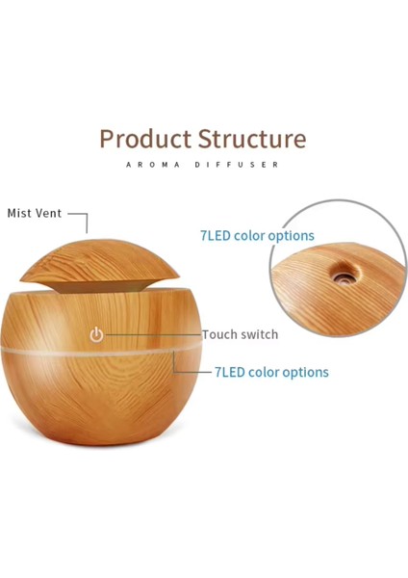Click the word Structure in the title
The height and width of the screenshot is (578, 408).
coord(252,139)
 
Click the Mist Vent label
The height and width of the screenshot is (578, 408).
coord(35,213)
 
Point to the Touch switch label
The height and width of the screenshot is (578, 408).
coord(240,334)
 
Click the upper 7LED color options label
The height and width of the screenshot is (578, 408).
coord(257,235)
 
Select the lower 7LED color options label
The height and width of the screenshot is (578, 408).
coord(270,372)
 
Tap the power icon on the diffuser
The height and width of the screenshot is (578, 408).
coord(96,335)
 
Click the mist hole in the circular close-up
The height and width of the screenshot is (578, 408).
coord(340,275)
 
